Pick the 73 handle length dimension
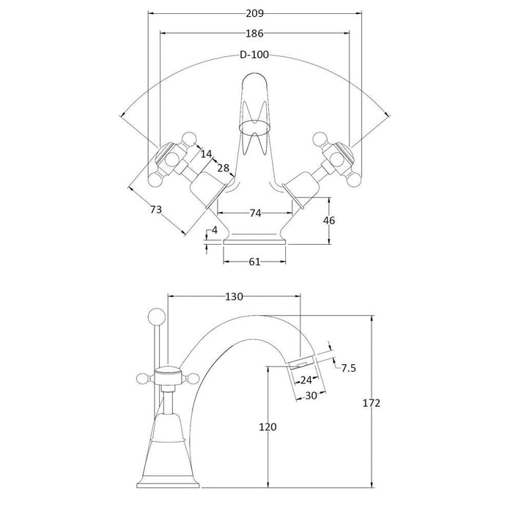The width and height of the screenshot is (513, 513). pyautogui.click(x=156, y=210)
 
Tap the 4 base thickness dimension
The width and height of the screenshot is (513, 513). pyautogui.click(x=214, y=231)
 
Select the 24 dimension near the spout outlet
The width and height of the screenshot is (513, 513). pyautogui.click(x=306, y=380)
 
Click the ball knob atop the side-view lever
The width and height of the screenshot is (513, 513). pyautogui.click(x=155, y=316)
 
